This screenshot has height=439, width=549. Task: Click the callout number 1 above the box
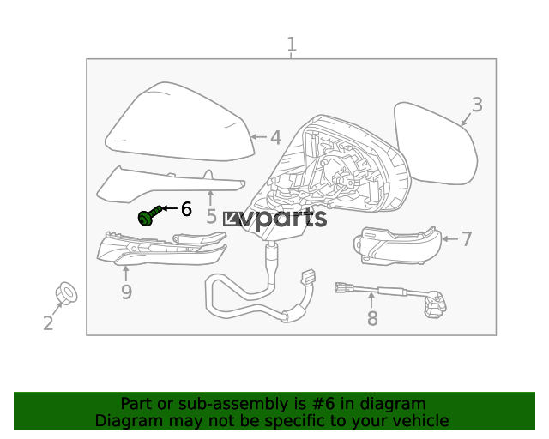point(292,45)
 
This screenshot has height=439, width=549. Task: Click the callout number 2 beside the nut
point(48,322)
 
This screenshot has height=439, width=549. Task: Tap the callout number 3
point(477,105)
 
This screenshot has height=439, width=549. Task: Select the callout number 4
point(275,137)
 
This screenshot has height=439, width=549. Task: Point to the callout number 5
point(211,216)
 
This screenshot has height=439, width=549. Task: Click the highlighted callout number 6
point(186,208)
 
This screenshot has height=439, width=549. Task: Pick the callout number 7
point(466,239)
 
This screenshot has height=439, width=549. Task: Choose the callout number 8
point(372,319)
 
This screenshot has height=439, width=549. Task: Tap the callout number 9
point(126,292)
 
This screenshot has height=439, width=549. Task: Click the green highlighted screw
point(148,216)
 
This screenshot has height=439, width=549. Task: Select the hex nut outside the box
point(64,293)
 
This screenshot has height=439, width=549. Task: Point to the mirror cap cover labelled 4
point(180,122)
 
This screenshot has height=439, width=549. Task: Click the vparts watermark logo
point(275,219)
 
